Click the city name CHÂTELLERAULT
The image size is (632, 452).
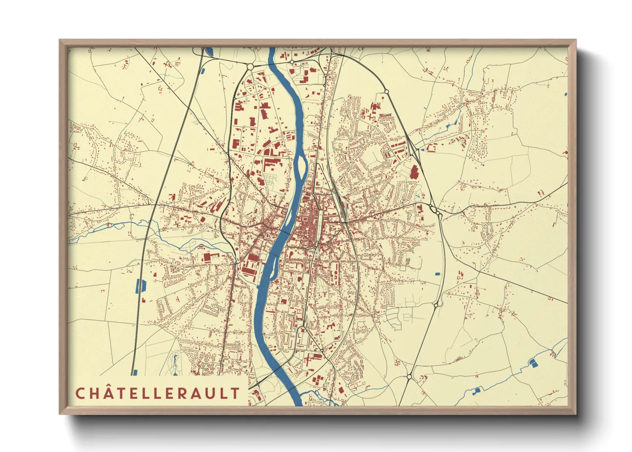click(158, 393)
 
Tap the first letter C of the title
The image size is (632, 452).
click(80, 393)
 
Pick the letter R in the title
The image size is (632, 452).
click(181, 393)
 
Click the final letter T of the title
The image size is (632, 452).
click(235, 393)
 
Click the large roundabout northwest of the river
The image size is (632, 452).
click(250, 67)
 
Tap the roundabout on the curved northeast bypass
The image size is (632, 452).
click(386, 91)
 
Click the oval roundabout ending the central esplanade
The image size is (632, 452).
click(302, 329)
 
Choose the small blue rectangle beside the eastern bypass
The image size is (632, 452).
click(437, 273)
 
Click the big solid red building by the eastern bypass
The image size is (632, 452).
click(413, 172)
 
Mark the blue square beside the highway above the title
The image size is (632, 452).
click(135, 372)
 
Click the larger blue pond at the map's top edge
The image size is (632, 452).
click(210, 52)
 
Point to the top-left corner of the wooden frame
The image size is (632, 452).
click(60, 40)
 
